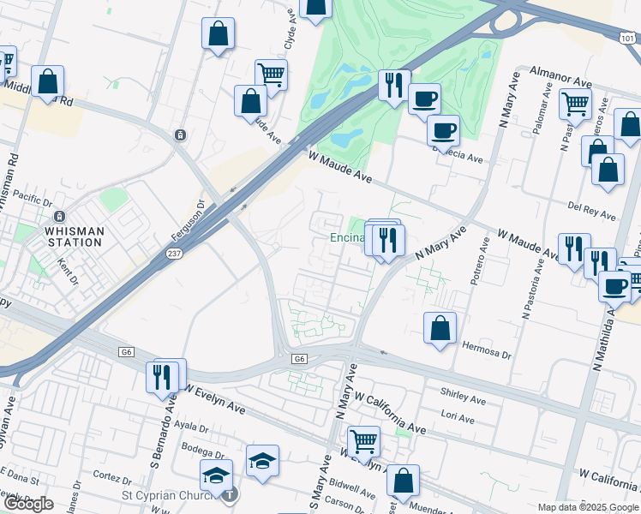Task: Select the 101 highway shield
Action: click(627, 35)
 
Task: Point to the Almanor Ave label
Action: click(561, 76)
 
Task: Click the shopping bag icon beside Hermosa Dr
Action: click(440, 328)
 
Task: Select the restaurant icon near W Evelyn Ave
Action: click(164, 376)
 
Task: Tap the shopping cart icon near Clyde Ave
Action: click(271, 74)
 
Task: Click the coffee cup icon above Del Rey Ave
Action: click(443, 131)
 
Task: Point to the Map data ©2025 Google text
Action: click(587, 507)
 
